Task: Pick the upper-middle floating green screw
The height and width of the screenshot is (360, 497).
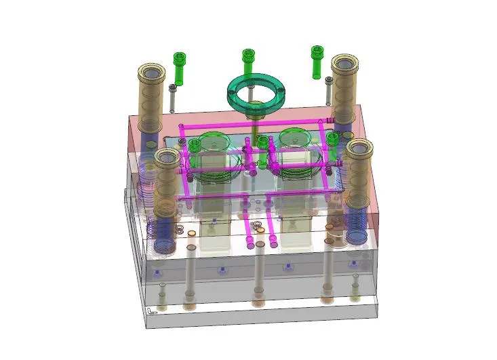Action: tap(248, 62)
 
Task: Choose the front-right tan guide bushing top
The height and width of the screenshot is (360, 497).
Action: tap(359, 149)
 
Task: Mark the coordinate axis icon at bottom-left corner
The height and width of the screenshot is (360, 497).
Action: tap(152, 311)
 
